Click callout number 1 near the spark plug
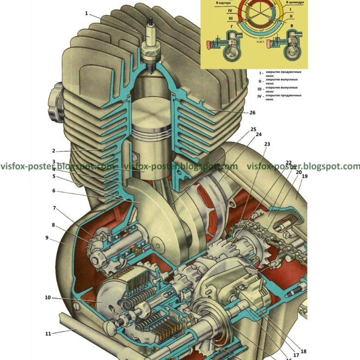click(86, 13)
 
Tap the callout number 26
click(252, 112)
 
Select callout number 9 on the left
click(47, 238)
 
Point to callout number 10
click(48, 298)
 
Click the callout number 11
click(48, 333)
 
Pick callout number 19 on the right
click(304, 176)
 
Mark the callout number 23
click(267, 144)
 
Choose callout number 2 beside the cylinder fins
click(54, 151)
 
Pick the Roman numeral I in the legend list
click(261, 73)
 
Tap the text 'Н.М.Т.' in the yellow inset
click(260, 42)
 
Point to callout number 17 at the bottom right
click(296, 355)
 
